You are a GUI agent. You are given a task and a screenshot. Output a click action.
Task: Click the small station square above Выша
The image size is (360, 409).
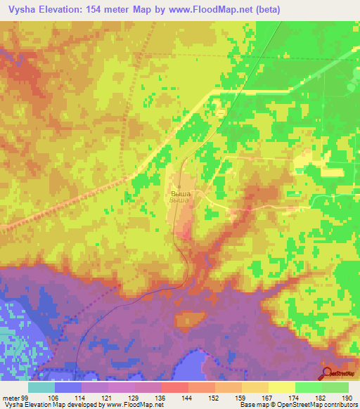coord(179,186)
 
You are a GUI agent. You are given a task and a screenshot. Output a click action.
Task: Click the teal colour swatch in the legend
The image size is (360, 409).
coord(41,387)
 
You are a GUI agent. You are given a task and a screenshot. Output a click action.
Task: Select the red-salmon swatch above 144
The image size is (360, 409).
coord(174,387)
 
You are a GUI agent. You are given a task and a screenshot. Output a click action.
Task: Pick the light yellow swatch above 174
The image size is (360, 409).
coord(281,387)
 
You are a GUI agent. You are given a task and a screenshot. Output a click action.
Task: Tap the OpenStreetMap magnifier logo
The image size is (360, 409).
coord(328,372)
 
